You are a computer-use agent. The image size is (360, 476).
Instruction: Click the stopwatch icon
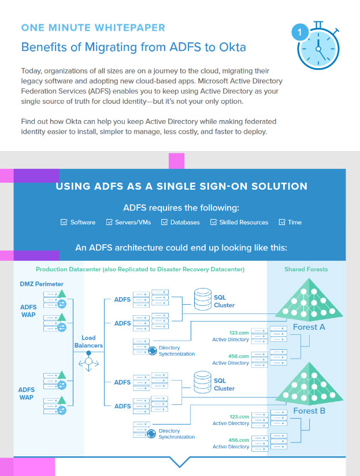tap(317, 46)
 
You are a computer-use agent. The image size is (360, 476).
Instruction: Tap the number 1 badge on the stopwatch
tap(300, 32)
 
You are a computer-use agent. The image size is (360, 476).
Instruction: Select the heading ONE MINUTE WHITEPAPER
tap(93, 28)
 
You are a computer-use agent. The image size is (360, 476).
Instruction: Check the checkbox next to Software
tap(64, 222)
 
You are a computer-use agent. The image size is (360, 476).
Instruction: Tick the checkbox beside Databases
tap(164, 222)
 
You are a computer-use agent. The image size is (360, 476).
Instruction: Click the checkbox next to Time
tap(282, 222)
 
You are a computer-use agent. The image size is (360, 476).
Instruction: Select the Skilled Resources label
tap(244, 222)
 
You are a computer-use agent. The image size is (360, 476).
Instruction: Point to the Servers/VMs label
tap(133, 222)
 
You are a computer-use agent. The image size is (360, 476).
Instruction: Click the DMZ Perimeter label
tap(42, 284)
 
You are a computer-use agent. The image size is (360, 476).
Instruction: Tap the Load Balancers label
tap(88, 341)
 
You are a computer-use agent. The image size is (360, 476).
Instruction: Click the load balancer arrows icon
tap(88, 361)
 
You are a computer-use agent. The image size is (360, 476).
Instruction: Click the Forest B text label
tap(309, 411)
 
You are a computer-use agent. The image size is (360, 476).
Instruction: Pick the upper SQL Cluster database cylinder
tap(203, 299)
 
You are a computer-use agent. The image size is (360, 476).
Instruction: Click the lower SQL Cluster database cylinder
tap(203, 382)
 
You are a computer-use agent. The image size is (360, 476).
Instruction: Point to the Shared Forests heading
tap(306, 270)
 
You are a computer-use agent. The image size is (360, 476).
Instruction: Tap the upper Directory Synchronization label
tap(177, 350)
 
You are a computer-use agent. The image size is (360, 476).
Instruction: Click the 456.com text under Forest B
tap(239, 440)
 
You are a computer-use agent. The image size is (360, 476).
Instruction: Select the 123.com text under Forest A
tap(239, 333)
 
